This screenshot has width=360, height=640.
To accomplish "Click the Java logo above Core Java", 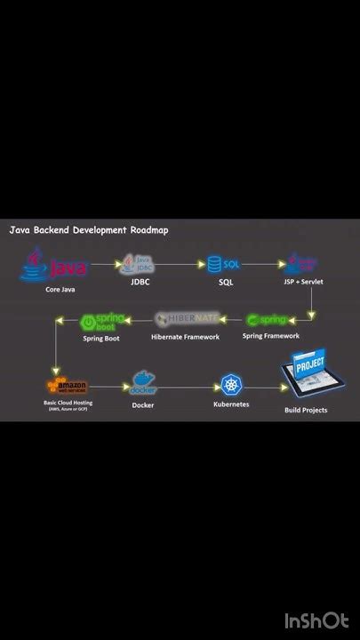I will [x=54, y=265].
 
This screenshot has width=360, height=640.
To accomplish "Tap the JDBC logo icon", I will [x=140, y=264].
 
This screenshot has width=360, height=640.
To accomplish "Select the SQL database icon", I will [x=224, y=264].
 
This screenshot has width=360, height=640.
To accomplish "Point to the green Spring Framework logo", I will [x=267, y=319].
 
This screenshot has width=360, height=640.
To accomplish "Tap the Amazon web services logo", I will [x=68, y=386].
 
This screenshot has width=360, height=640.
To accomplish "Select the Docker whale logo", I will [x=143, y=385].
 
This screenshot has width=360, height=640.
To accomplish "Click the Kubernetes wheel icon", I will [x=232, y=385].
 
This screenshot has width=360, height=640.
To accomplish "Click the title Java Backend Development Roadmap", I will [x=88, y=229].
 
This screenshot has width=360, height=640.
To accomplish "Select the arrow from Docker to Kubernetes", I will [x=188, y=387].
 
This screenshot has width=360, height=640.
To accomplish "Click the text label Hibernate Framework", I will [x=185, y=336].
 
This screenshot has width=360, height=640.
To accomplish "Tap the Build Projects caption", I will [x=306, y=410].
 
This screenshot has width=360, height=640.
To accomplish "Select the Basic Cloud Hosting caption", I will [x=68, y=403].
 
